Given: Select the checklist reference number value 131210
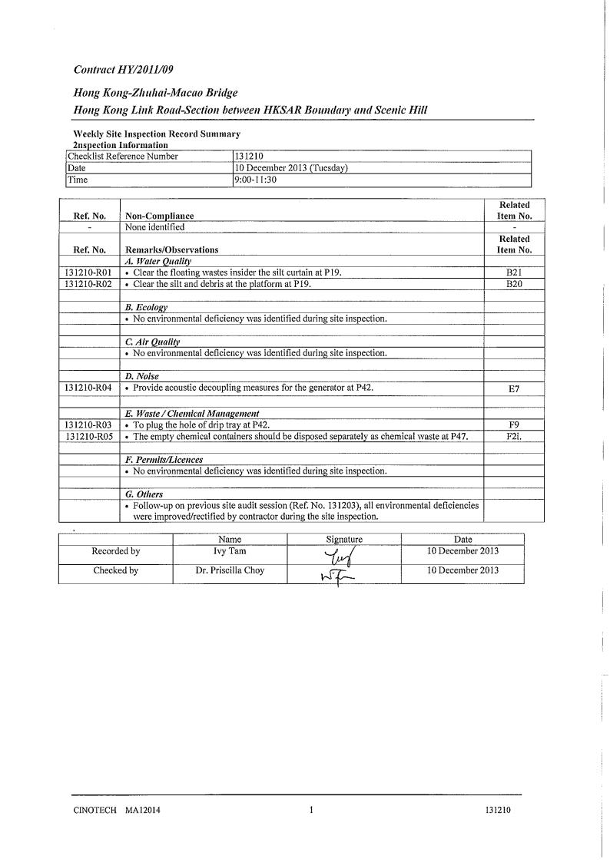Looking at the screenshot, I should (x=248, y=157).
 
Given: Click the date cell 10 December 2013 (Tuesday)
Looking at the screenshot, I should (x=291, y=168).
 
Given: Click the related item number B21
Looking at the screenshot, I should (x=514, y=272).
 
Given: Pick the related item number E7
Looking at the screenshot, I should (x=514, y=388).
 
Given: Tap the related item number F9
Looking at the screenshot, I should (x=514, y=424).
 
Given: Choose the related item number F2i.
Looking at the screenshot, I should (x=514, y=436).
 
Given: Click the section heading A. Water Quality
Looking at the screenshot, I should (x=152, y=262).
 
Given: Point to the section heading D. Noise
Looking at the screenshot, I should (x=141, y=376).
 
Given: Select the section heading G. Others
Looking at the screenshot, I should (x=144, y=494).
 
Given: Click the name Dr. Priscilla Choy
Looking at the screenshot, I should (x=230, y=570).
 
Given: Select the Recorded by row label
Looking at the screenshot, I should (x=116, y=551).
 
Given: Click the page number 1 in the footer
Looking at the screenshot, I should (x=310, y=809).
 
